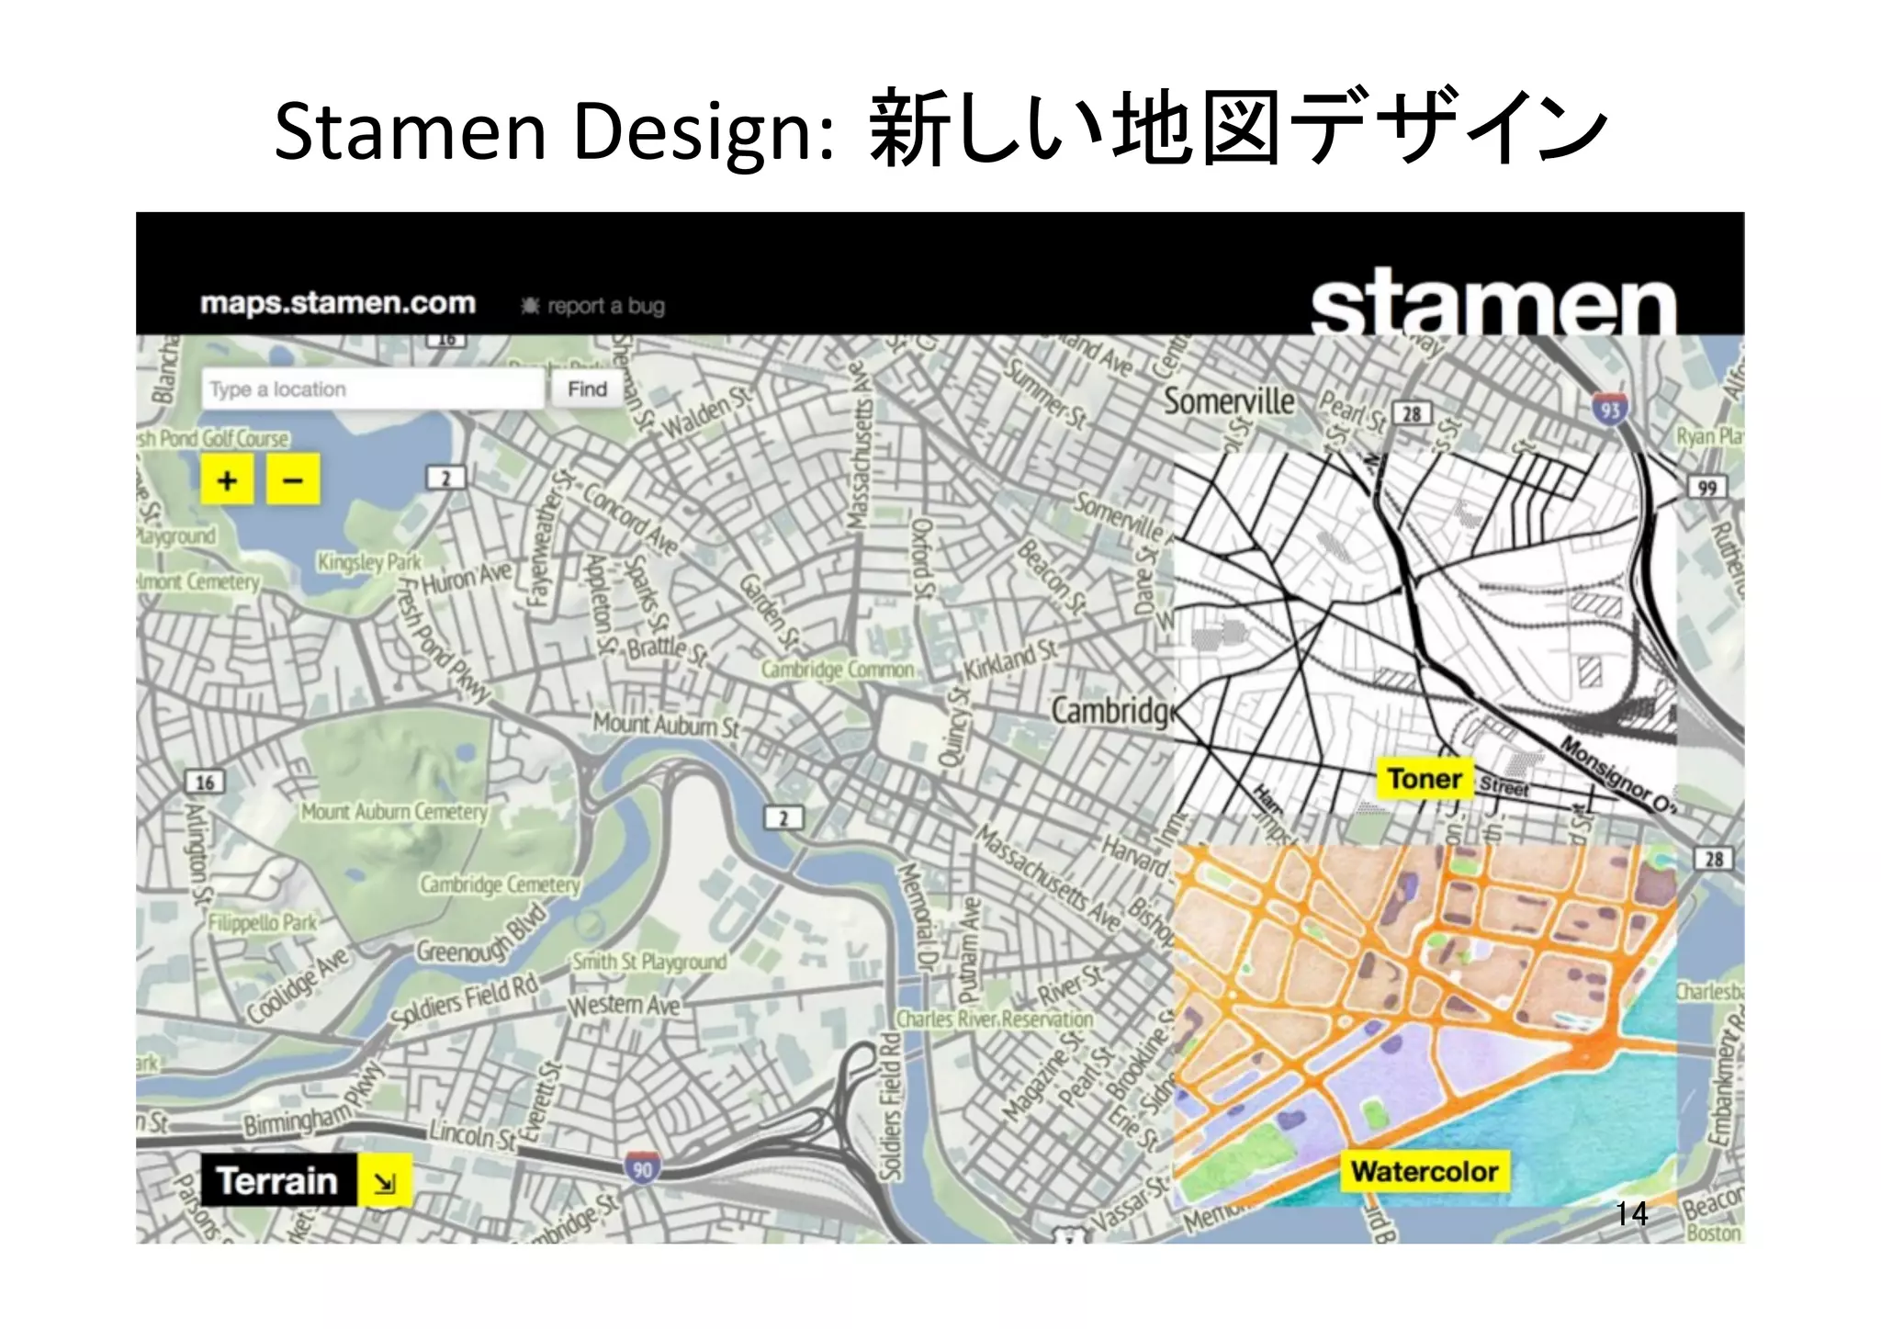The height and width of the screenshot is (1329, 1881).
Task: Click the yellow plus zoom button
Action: point(227,479)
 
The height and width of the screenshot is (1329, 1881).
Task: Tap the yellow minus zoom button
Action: point(293,479)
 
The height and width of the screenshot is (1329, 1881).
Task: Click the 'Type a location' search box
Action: point(372,389)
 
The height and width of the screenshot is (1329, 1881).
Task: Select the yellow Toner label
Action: point(1424,779)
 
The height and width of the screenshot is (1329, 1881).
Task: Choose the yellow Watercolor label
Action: point(1425,1172)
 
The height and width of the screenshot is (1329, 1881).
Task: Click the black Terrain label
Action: point(277,1181)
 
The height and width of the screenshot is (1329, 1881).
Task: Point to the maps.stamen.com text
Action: point(338,303)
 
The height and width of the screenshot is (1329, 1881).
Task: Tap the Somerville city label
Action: point(1229,401)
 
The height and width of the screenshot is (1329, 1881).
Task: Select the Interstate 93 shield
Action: point(1609,409)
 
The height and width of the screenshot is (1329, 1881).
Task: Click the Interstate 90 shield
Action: point(643,1169)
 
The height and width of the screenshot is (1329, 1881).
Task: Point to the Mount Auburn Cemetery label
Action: point(395,812)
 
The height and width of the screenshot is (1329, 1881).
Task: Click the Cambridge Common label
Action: point(837,670)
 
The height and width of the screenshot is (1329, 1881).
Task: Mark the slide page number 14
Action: point(1631,1214)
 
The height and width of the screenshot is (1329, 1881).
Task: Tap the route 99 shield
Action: point(1706,488)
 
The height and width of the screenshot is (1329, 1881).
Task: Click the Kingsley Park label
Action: point(368,562)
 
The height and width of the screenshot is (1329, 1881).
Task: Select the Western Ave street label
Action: point(624,1005)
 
